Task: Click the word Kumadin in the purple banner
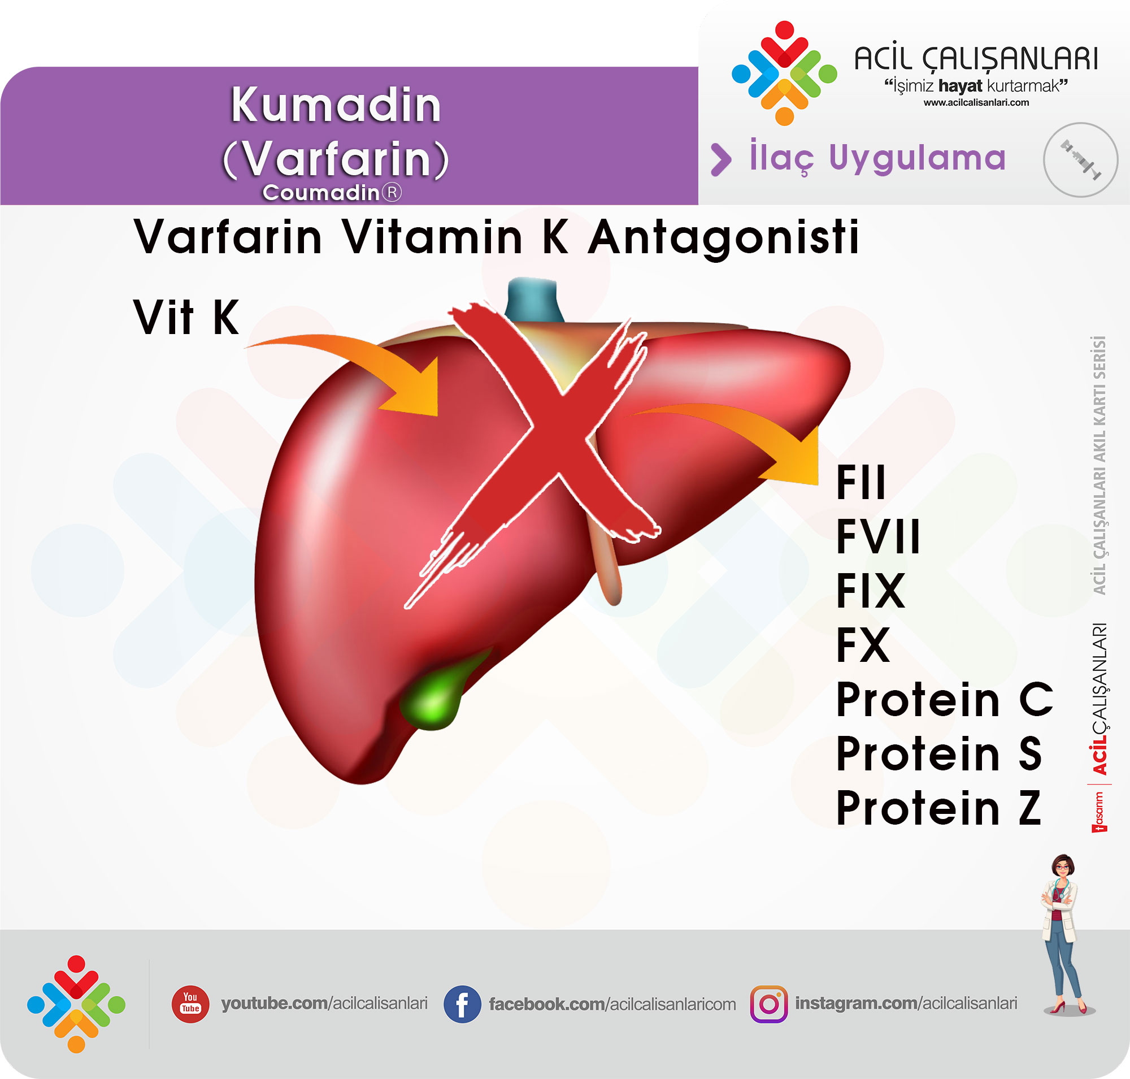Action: click(x=336, y=105)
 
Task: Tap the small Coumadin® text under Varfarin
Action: click(x=332, y=192)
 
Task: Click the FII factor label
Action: click(x=861, y=482)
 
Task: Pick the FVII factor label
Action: click(x=878, y=536)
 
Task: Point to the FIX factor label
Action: click(x=871, y=590)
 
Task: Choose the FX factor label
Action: click(x=863, y=645)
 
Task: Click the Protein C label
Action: click(x=944, y=699)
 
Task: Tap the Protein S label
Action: click(x=939, y=753)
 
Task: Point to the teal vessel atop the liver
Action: click(x=533, y=299)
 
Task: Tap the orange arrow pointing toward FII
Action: click(x=742, y=426)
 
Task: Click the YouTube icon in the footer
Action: click(x=190, y=1004)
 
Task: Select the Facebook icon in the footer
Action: click(x=462, y=1004)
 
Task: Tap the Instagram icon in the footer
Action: click(x=769, y=1004)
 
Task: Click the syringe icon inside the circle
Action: click(x=1080, y=160)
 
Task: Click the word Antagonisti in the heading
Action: click(x=723, y=237)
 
